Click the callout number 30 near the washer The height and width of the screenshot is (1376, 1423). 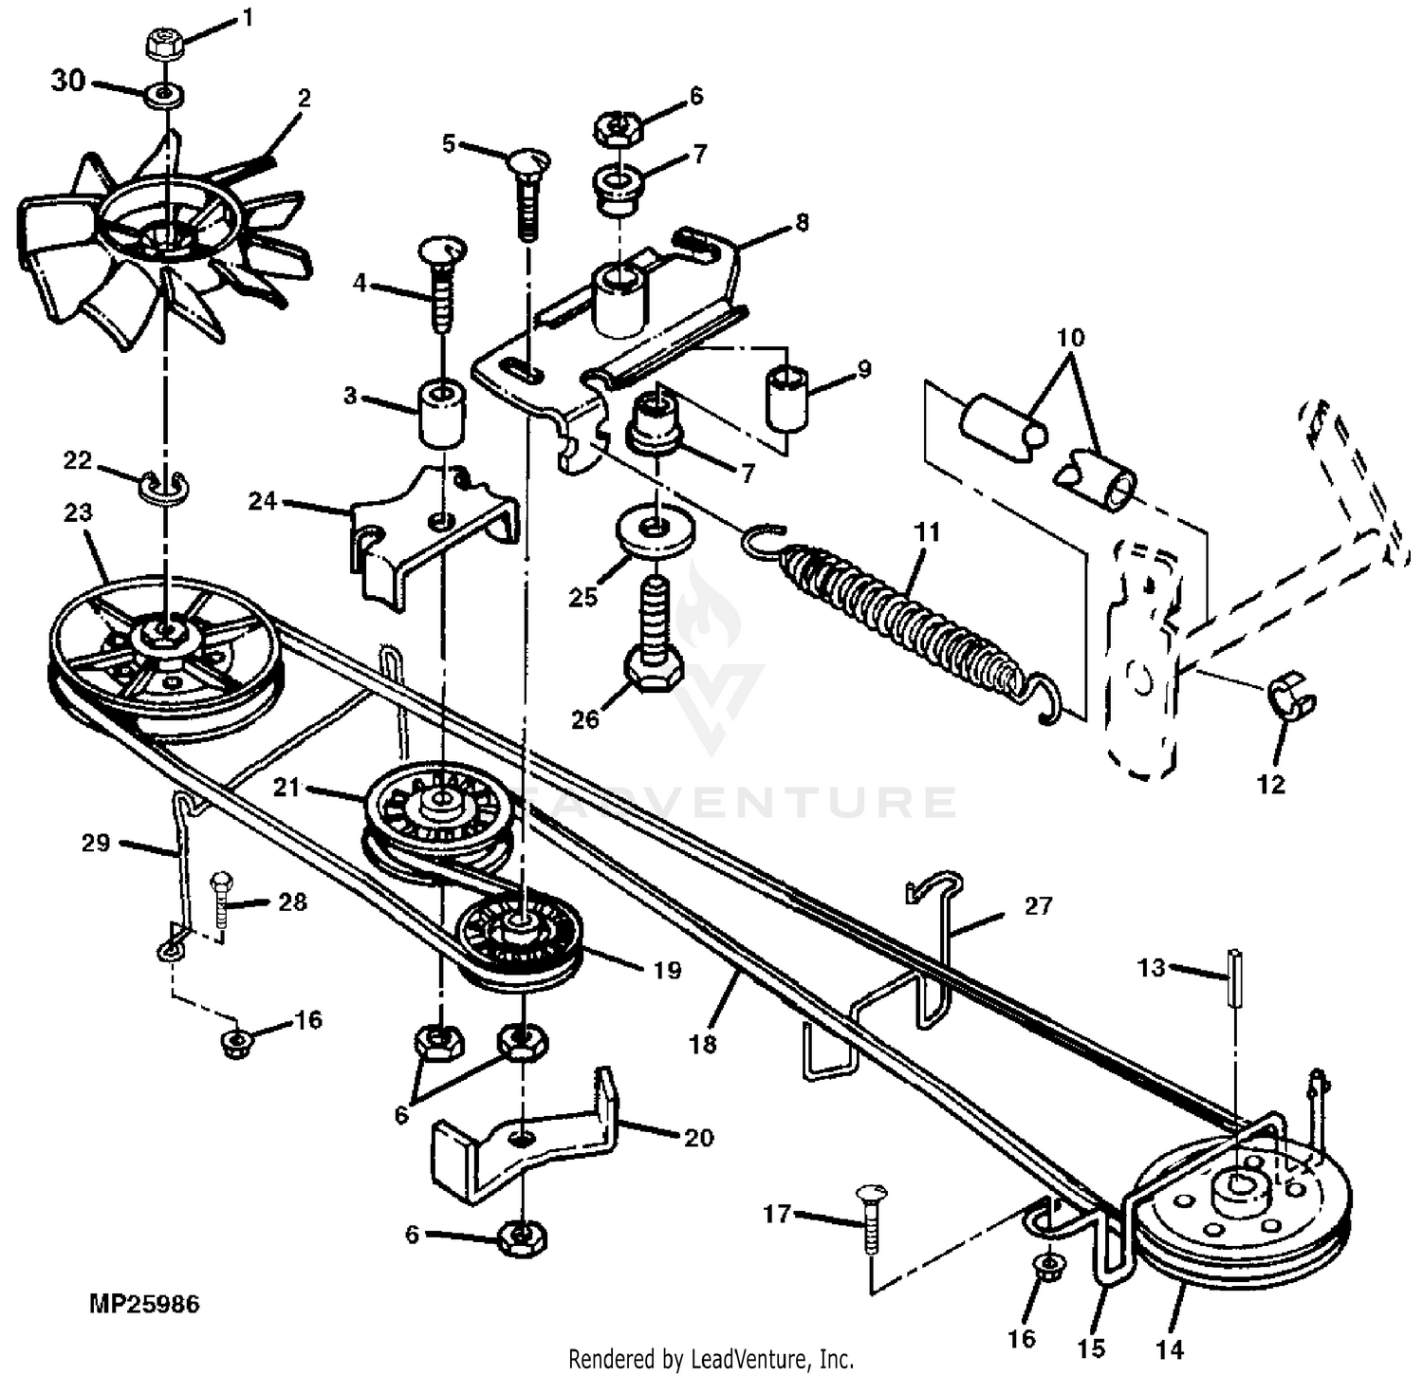[x=68, y=82]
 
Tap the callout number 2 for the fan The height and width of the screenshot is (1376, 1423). [x=305, y=98]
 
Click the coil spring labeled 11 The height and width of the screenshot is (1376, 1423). [x=901, y=622]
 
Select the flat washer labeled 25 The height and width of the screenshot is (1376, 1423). [x=654, y=528]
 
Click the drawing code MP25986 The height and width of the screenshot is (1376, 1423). [x=144, y=1304]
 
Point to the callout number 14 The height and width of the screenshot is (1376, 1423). [x=1170, y=1348]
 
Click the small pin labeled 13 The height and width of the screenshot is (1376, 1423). [x=1236, y=978]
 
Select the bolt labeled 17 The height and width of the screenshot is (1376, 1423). [x=870, y=1220]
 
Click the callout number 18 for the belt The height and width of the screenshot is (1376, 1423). [x=703, y=1045]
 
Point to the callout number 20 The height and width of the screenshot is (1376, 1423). [x=698, y=1136]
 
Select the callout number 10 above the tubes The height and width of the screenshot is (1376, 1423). [x=1070, y=337]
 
